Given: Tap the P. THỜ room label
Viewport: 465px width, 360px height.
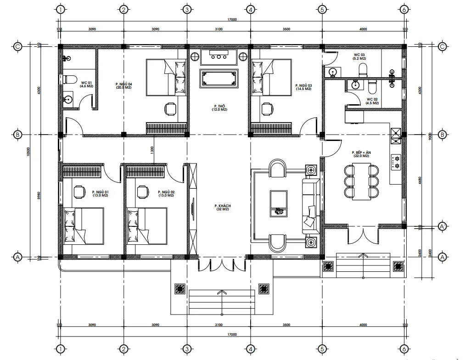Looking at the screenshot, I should click(218, 108).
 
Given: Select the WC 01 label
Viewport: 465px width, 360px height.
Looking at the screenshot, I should click(87, 84).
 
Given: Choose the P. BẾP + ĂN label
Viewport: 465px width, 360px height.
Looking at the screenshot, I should click(361, 154).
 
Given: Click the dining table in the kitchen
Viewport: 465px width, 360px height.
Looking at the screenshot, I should click(361, 181).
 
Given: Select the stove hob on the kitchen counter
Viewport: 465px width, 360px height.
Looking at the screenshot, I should click(395, 161).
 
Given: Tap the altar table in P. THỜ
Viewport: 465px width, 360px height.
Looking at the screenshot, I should click(218, 78).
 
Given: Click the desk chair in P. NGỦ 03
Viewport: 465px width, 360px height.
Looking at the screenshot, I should click(266, 109).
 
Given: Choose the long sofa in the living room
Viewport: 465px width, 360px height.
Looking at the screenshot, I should click(311, 206).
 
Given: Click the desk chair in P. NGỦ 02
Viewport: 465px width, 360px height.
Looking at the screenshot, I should click(142, 191).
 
